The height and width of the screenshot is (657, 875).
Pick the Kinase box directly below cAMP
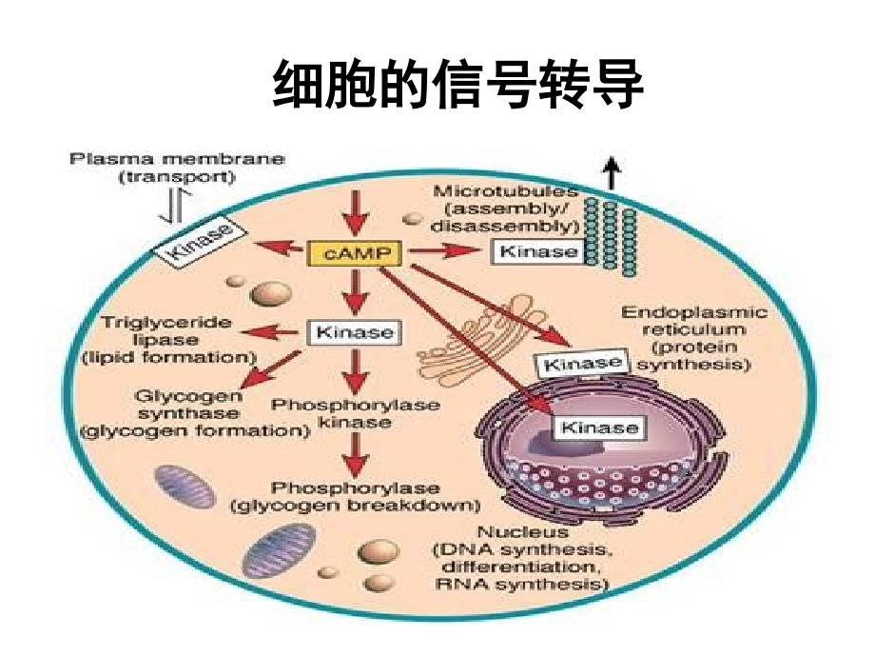(x=353, y=332)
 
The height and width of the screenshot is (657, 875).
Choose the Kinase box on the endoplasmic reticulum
(x=579, y=363)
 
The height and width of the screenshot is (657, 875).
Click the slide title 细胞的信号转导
(x=457, y=86)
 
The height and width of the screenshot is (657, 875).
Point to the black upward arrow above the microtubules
(x=611, y=173)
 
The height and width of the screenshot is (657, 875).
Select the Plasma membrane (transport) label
(x=177, y=167)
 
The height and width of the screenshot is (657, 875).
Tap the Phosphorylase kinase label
(x=356, y=413)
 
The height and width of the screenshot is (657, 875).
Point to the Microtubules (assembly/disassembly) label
(x=505, y=209)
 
